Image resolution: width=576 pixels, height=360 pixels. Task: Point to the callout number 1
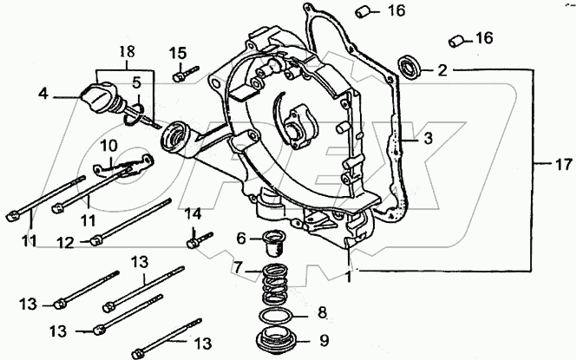350,277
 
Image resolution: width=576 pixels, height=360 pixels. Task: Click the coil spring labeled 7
278,284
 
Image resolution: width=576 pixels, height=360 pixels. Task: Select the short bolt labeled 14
197,236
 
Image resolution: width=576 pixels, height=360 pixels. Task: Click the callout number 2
442,70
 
